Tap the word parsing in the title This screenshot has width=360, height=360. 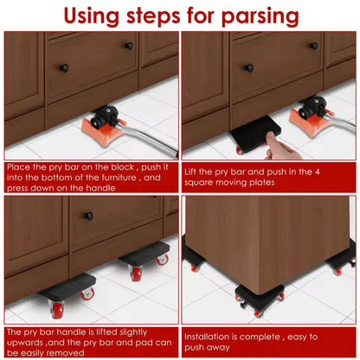tap(256, 16)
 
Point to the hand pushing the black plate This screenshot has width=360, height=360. tap(279, 145)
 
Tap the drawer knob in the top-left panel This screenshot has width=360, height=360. tap(63, 67)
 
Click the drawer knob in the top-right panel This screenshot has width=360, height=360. tap(248, 67)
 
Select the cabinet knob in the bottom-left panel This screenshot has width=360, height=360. tap(88, 215)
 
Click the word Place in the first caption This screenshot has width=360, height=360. tap(19, 165)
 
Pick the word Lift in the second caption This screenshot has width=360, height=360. tap(195, 171)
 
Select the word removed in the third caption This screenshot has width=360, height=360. tap(77, 353)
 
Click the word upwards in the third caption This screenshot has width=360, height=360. tap(27, 342)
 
